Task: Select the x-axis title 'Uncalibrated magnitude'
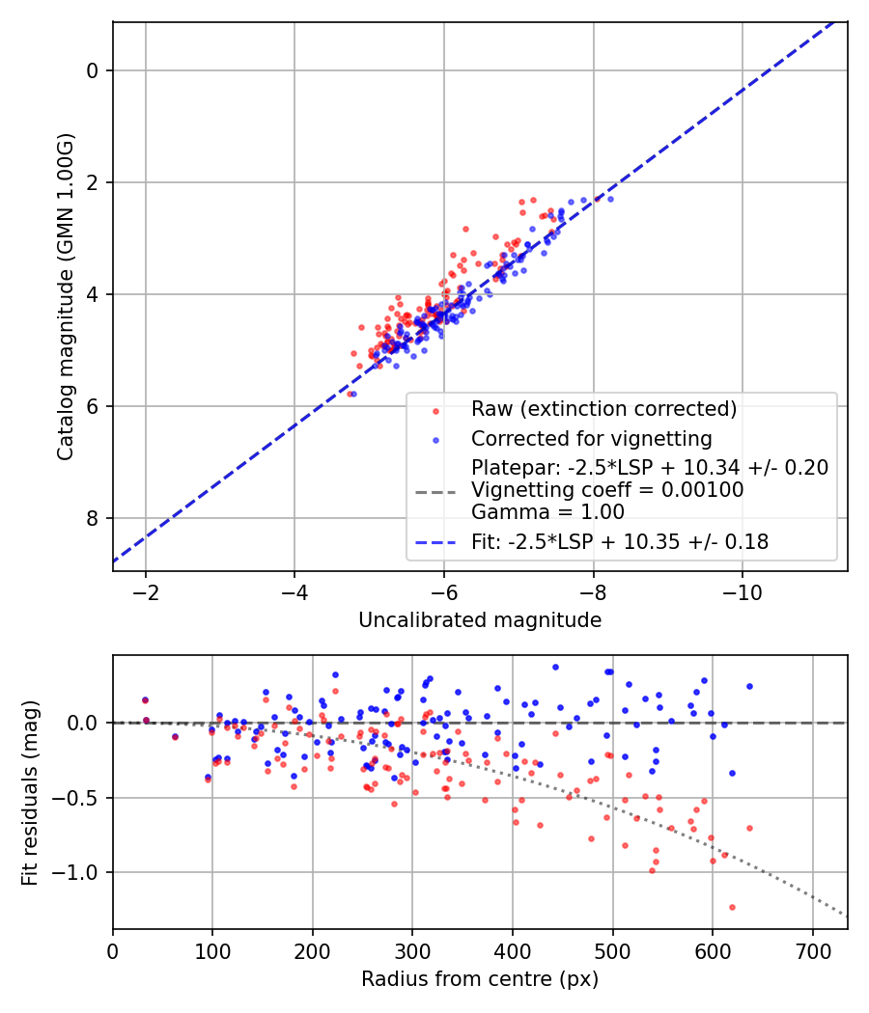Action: coord(480,620)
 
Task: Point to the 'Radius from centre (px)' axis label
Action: coord(480,979)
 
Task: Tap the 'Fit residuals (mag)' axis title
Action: coord(30,792)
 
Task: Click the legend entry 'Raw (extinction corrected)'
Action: coord(603,409)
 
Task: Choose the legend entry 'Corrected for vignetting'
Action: coord(591,439)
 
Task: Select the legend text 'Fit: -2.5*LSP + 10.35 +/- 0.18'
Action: coord(620,542)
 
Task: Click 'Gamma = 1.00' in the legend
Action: coord(547,512)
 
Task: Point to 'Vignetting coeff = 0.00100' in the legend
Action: coord(607,490)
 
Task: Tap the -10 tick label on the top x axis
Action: coord(742,589)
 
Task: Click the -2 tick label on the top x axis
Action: coord(146,589)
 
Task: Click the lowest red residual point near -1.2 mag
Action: coord(732,907)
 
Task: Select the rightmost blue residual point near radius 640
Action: coord(749,686)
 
